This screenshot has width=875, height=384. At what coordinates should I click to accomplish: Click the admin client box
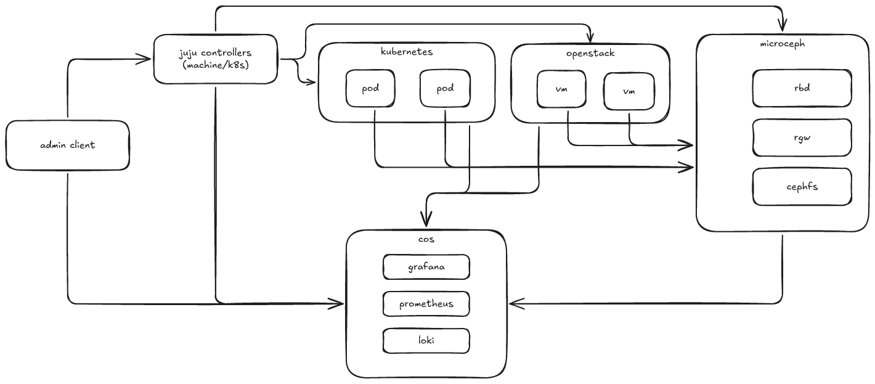pos(68,145)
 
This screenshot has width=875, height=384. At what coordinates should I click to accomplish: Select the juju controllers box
pos(216,59)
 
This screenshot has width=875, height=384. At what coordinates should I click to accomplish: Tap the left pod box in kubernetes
pos(370,89)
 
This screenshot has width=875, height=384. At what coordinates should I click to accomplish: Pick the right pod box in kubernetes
pos(445,89)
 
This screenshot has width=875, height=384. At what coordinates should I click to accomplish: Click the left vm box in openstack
pos(561,89)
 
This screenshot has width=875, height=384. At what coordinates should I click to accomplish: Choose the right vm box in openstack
pos(629,91)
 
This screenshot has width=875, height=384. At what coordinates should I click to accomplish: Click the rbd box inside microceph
pos(802,88)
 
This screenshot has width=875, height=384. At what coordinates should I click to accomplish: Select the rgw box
pos(802,137)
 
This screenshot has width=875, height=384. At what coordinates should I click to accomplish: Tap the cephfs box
pos(802,186)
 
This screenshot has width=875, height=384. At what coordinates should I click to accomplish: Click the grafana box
pos(426,268)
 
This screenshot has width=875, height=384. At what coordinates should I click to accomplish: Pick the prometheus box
pos(426,304)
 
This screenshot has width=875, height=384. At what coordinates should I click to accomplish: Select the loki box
pos(426,340)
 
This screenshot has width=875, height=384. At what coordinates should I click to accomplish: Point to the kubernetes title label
pos(407,52)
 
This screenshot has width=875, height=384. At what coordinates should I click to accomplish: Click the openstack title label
pos(590,53)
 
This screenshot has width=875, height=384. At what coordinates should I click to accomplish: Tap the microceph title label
pos(783,44)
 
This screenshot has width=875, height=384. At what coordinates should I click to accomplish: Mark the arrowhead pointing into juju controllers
pos(145,59)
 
